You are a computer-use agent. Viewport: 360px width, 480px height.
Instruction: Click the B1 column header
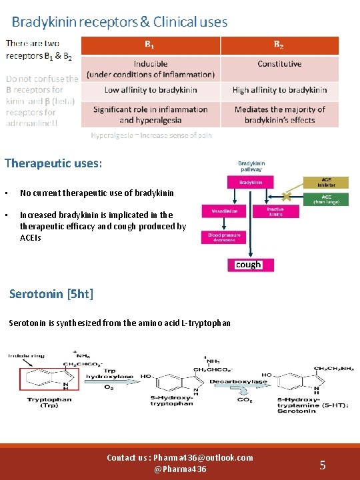(151, 45)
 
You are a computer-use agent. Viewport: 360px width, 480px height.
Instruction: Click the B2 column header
(279, 45)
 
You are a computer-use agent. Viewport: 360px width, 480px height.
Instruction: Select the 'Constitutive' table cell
(279, 64)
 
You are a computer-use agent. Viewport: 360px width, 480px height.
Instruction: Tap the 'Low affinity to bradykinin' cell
(150, 89)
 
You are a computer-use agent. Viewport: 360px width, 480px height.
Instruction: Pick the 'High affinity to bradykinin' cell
(279, 89)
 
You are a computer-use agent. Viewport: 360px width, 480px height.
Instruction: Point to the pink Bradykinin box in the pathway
(251, 182)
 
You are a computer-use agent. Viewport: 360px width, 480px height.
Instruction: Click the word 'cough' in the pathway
(249, 265)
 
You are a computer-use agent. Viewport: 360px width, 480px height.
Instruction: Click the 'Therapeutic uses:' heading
(53, 163)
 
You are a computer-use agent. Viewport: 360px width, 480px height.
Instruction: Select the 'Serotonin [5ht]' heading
(51, 293)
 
